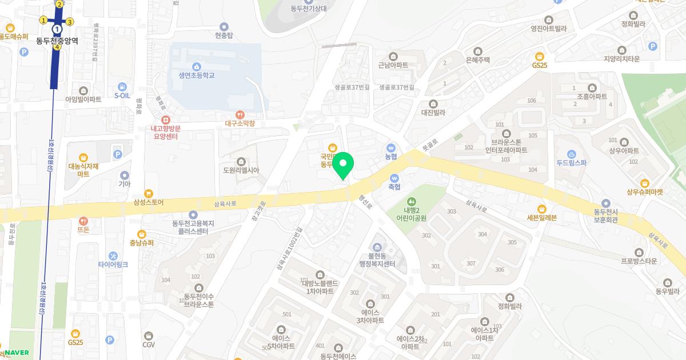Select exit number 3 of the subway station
tap(70, 22)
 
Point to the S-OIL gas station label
tap(122, 95)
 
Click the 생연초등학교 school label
tap(196, 75)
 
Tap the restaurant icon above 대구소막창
tap(240, 114)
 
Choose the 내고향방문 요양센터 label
tap(166, 133)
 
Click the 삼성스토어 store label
tap(149, 202)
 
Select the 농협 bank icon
tap(391, 147)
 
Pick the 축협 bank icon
tap(394, 177)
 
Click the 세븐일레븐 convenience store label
tap(541, 217)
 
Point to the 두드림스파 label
tap(572, 162)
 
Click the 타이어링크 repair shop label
tap(113, 265)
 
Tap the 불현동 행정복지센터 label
tap(377, 259)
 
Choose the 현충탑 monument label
tap(224, 35)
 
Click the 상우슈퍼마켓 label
tap(644, 192)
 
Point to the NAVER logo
tap(17, 353)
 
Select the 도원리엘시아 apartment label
tap(241, 170)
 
